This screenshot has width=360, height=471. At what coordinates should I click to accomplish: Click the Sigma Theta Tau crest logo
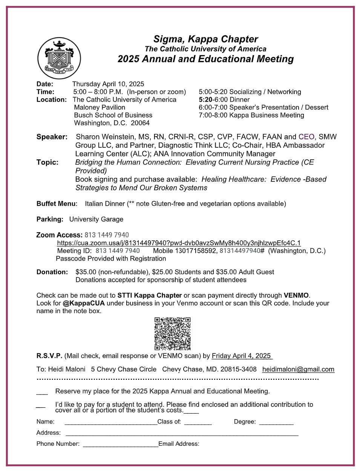[59, 58]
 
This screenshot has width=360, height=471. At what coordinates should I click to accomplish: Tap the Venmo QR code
[172, 333]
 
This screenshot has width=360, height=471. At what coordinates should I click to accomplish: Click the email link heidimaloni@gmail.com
[298, 369]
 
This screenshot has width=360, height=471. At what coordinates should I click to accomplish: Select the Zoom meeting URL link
[179, 243]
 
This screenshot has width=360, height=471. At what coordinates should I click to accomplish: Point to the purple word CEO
[306, 137]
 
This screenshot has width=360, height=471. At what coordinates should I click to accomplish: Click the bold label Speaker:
[52, 137]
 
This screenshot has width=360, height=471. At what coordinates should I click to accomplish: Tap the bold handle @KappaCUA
[84, 303]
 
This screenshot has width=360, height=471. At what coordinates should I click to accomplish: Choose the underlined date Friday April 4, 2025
[241, 356]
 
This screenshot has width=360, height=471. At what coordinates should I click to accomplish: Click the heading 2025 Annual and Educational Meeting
[205, 59]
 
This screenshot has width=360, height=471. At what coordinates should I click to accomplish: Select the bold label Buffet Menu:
[57, 204]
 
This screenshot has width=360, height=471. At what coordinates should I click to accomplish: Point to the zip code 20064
[140, 123]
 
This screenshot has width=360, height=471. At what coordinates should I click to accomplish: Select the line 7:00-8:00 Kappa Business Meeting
[251, 115]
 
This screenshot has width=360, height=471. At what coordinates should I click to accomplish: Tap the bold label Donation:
[52, 272]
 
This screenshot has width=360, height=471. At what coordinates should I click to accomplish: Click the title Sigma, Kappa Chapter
[205, 39]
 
